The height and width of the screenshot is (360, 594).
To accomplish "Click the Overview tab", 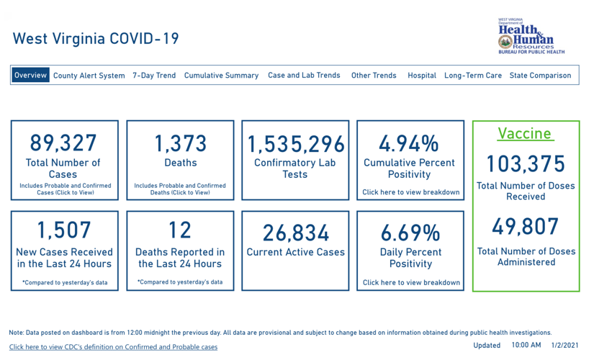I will click(30, 75).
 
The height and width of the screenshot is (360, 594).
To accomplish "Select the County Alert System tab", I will click(89, 76).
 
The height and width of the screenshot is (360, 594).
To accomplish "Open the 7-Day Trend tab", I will click(154, 76).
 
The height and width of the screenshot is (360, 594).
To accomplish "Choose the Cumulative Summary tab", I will click(221, 76).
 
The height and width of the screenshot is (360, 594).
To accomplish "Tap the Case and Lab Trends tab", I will click(304, 76).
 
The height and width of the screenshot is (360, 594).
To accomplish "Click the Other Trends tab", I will click(374, 76).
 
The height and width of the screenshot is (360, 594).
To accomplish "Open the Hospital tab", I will click(422, 76).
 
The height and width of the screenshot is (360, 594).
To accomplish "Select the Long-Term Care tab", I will click(473, 76).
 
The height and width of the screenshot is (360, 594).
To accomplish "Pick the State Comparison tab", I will click(540, 76).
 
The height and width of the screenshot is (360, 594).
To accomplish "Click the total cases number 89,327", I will click(63, 143).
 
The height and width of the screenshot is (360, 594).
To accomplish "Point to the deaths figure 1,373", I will click(180, 143).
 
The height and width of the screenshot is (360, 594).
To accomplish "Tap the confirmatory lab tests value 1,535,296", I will click(296, 144).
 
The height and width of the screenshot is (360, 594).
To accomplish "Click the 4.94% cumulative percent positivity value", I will click(409, 143).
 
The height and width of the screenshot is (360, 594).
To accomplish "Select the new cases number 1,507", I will click(64, 230).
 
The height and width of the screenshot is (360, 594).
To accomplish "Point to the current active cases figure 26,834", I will click(296, 233).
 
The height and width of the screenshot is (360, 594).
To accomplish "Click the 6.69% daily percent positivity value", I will click(410, 233).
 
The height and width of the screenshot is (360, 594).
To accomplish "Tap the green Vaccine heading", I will click(525, 134).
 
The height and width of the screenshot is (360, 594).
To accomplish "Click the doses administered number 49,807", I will click(526, 227).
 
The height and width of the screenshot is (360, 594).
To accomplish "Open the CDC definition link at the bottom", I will click(113, 347).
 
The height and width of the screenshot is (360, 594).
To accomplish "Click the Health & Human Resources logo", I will click(531, 37).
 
